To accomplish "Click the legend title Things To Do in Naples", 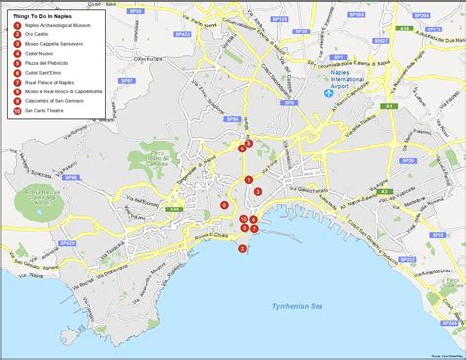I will pos(41,17).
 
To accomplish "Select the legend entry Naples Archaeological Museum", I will pos(58,29).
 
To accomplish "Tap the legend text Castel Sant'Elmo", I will pos(45,73).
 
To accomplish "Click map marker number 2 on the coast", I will pos(242,248).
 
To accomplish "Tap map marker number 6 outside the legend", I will pos(225,205).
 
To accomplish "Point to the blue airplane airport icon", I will pos(331,93).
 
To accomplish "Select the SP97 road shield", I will pos(125,79).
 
